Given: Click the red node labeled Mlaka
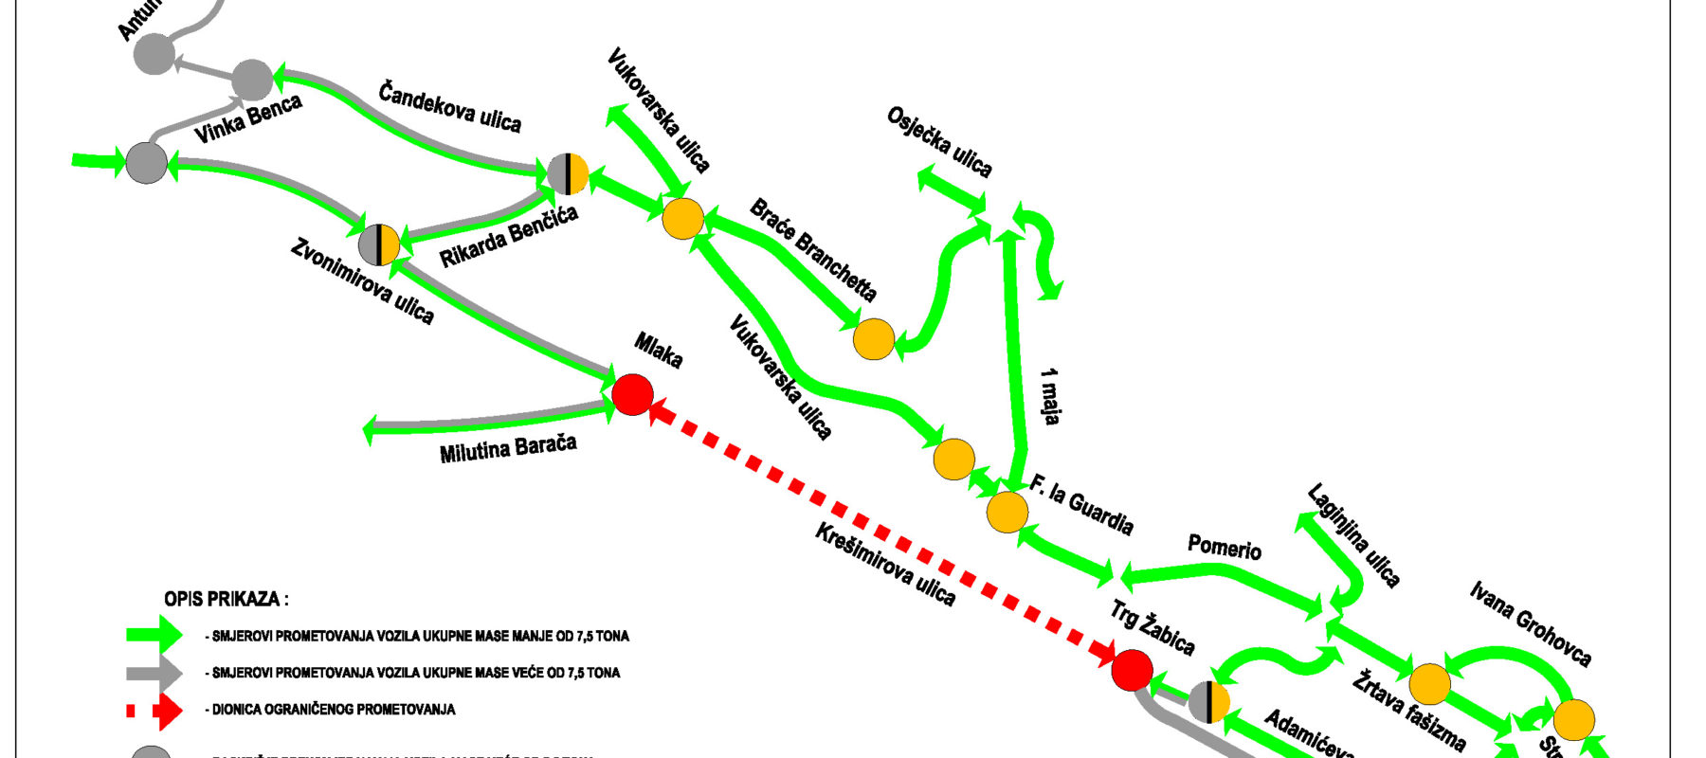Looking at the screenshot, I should click(x=632, y=394).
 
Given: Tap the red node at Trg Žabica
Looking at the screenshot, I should click(x=1132, y=670).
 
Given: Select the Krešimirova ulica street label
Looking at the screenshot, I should click(x=885, y=565).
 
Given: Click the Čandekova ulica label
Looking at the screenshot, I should click(x=449, y=106).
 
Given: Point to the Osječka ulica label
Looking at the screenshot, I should click(x=939, y=142).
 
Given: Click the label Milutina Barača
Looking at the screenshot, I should click(x=508, y=448).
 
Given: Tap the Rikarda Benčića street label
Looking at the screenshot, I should click(x=509, y=237).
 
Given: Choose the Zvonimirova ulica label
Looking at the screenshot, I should click(x=362, y=282).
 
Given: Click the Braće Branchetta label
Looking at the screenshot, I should click(x=813, y=250).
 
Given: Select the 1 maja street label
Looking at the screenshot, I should click(x=1049, y=397).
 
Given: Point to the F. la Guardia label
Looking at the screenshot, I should click(x=1081, y=506).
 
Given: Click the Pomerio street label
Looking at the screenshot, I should click(x=1225, y=548).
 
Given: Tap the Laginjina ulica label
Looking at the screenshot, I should click(x=1353, y=535).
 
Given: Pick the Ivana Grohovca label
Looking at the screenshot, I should click(x=1531, y=623).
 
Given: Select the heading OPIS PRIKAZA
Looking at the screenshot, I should click(x=227, y=599).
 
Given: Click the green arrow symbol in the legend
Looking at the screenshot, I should click(x=154, y=635).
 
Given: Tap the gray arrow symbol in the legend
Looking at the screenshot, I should click(x=154, y=673).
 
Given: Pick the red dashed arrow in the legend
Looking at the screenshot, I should click(x=154, y=710).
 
